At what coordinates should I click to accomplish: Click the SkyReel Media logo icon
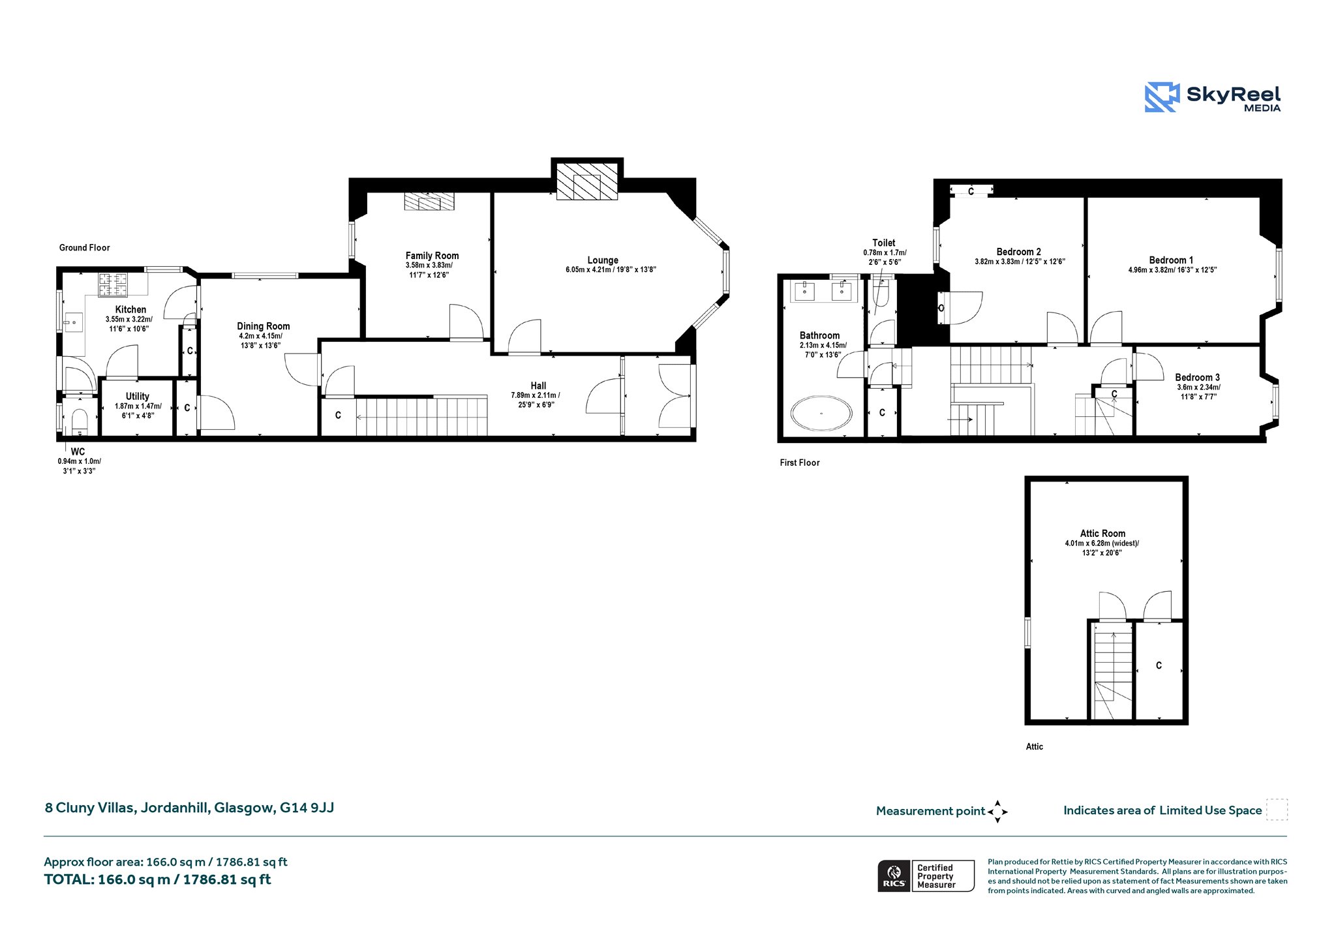click(1162, 97)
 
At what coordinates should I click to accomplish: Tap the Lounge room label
click(603, 260)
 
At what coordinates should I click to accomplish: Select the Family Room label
click(432, 256)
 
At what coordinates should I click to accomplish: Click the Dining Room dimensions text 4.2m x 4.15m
click(260, 336)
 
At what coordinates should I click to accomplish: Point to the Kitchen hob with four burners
click(113, 284)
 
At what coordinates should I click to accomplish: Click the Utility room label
click(138, 396)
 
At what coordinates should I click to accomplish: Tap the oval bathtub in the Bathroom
click(821, 413)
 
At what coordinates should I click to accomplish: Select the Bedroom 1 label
click(1171, 260)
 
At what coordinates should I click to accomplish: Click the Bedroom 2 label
click(1018, 252)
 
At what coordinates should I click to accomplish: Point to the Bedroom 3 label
click(1197, 377)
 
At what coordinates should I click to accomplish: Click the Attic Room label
click(1102, 533)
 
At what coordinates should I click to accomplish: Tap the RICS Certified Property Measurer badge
click(926, 875)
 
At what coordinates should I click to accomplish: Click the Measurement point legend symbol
click(997, 812)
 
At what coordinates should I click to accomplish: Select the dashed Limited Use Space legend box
click(1277, 810)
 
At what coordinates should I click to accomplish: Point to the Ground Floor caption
click(85, 247)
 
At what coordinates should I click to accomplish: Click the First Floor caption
click(800, 463)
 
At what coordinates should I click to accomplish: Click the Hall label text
click(538, 386)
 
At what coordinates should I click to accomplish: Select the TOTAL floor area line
click(157, 879)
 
